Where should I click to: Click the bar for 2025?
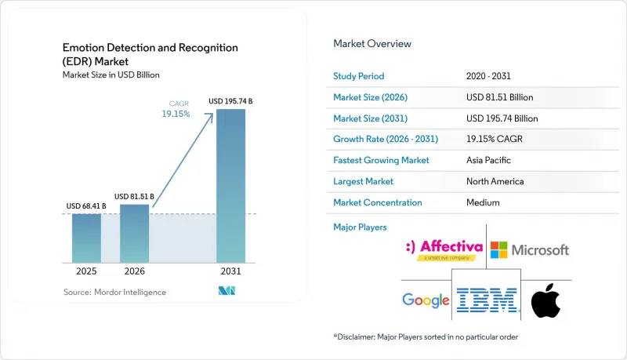(86, 238)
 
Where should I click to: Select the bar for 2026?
(134, 234)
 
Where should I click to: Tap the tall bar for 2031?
(230, 186)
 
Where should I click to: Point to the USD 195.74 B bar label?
(230, 101)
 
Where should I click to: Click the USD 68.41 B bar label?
(86, 206)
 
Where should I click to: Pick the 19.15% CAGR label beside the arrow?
(176, 114)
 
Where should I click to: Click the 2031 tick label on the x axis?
(230, 271)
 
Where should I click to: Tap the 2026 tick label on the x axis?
(134, 271)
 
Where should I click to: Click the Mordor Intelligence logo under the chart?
(227, 291)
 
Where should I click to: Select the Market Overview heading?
(372, 44)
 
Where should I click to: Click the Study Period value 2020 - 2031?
(488, 76)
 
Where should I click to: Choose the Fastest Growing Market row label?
(381, 160)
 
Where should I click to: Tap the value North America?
(495, 181)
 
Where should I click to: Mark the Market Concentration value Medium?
(483, 202)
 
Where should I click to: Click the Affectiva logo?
(444, 250)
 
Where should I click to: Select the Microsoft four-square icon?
(498, 250)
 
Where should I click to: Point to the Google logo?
(426, 300)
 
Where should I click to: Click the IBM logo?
(487, 300)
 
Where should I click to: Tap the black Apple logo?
(545, 300)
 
